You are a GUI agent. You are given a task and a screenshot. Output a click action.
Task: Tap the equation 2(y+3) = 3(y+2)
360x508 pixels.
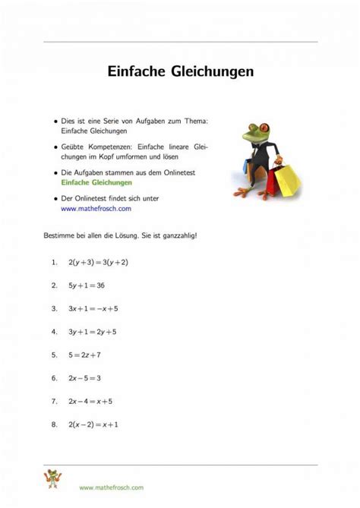98,262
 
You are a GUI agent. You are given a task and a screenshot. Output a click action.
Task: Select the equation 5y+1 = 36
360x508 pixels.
86,286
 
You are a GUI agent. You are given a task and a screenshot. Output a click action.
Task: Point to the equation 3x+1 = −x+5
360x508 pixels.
93,309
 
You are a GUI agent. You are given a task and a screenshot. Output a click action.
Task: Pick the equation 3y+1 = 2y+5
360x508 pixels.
93,332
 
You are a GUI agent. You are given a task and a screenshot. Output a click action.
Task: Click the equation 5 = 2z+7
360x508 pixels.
84,355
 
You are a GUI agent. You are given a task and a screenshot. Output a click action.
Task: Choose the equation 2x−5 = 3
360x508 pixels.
84,377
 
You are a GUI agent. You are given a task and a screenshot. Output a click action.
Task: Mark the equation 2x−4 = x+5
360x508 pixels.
91,400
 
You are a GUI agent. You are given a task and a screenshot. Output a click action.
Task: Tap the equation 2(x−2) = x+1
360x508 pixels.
93,424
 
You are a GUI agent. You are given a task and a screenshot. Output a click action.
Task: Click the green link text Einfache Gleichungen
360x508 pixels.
96,183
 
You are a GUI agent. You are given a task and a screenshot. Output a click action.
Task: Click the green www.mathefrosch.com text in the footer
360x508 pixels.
111,487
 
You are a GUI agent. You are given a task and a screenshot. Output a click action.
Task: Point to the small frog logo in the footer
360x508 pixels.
52,480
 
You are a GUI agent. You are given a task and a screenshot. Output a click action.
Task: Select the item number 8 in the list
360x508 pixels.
54,424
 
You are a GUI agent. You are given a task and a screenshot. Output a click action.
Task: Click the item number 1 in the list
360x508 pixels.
54,262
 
